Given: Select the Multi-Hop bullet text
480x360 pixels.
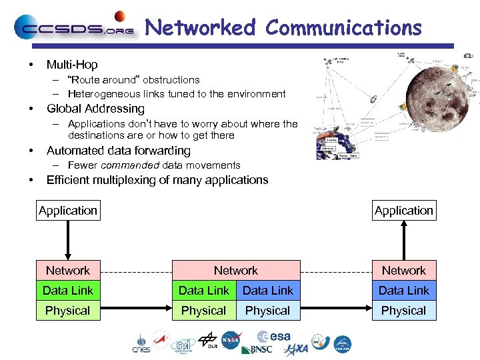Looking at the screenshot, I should pos(71,65).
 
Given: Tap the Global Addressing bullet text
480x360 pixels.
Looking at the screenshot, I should pos(95,109).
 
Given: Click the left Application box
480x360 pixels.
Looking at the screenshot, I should pos(68,211).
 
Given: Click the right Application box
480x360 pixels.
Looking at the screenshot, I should pos(403,211).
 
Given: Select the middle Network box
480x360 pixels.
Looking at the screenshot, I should pos(236,270).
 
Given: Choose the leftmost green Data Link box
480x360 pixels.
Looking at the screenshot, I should pos(68,290).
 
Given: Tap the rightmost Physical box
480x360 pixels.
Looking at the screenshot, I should pos(403,311).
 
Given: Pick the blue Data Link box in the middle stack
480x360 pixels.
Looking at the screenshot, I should pos(268,290).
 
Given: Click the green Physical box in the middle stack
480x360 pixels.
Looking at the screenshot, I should pos(204,311).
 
